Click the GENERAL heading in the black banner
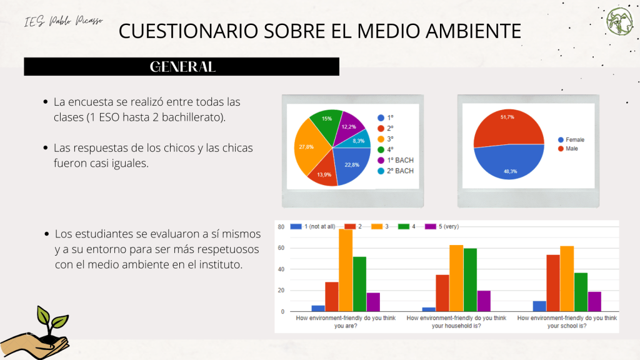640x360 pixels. click(x=182, y=67)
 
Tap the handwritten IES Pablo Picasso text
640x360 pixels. click(x=64, y=22)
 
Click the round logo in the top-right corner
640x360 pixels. click(x=619, y=22)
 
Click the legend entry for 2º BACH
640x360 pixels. click(x=396, y=171)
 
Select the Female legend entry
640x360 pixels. click(x=572, y=139)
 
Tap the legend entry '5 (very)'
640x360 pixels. click(x=446, y=226)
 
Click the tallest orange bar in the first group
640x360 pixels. click(x=346, y=270)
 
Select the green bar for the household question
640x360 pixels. click(x=470, y=279)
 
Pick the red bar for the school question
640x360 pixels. click(x=553, y=282)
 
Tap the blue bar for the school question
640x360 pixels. click(x=539, y=306)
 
